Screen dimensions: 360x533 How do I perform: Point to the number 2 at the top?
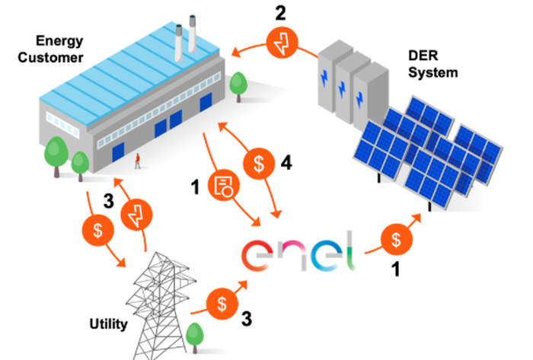coord(282,13)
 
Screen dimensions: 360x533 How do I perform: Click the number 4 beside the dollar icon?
coord(286,161)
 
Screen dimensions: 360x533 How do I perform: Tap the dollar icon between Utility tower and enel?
coord(221,302)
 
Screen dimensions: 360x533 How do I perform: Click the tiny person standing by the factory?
coord(138,161)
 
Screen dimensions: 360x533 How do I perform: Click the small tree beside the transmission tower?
coord(196,336)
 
